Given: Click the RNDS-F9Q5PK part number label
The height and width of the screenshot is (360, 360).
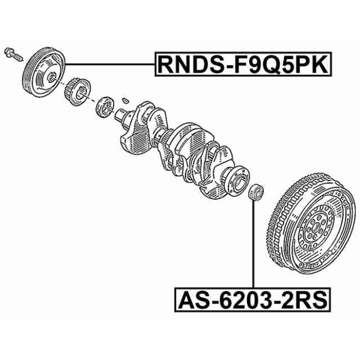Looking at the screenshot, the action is pos(243,64).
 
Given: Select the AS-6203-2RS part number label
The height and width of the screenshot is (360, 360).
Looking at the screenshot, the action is pos(253,299).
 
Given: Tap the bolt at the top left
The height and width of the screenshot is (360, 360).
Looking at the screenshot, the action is pos(13,55).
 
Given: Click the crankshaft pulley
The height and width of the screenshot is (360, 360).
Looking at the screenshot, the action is pos(44,72).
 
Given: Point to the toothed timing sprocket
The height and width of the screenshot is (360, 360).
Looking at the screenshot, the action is pos(77,92).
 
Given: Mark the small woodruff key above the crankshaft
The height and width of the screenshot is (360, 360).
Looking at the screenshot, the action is pos(125,100).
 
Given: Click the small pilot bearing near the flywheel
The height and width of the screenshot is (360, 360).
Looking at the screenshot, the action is pos(256,191).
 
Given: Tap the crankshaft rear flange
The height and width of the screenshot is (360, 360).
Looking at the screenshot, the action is pos(237,181).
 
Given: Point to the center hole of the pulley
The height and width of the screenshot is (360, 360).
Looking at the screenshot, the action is pos(51,78).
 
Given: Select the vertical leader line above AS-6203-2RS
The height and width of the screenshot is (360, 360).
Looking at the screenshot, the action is pos(254,244).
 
